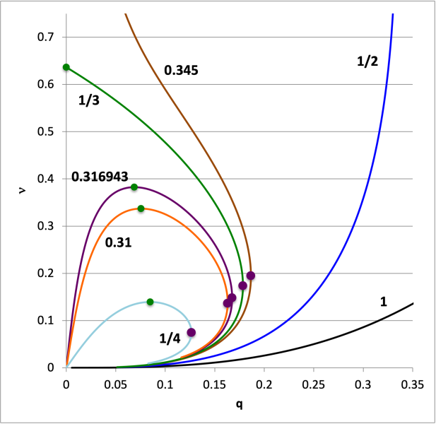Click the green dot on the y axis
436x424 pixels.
[x=66, y=67]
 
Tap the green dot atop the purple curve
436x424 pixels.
[x=134, y=187]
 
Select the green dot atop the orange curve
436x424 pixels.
[x=141, y=208]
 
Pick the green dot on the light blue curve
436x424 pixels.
[x=150, y=302]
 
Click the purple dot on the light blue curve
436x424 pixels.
[x=191, y=332]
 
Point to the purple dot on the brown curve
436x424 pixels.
[x=250, y=276]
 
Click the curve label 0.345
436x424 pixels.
[x=181, y=70]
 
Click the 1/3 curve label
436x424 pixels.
[x=88, y=101]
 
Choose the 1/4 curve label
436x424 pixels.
[x=170, y=338]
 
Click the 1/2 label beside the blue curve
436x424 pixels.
[x=367, y=61]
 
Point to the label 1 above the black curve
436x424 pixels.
[x=384, y=302]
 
